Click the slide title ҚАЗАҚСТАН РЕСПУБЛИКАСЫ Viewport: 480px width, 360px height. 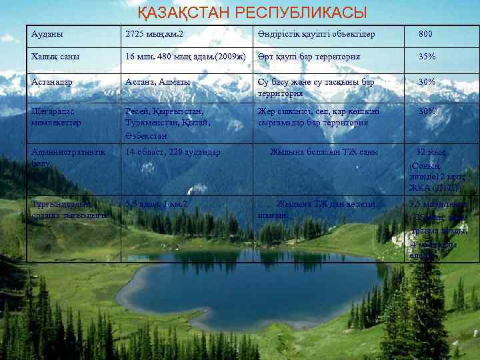253,13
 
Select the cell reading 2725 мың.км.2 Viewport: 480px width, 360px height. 155,33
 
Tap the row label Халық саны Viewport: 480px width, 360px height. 55,57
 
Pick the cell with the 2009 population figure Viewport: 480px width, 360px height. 186,57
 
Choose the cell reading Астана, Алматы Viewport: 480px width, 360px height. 158,81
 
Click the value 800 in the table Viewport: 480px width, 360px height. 425,33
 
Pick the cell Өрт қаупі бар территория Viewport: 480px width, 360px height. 309,57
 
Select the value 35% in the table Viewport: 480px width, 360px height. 427,57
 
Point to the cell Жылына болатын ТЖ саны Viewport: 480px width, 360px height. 324,152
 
